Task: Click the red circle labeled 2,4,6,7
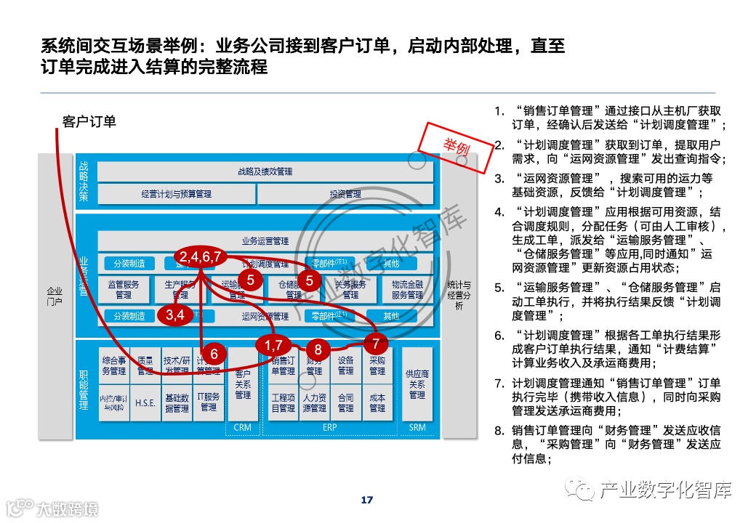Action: tap(201, 256)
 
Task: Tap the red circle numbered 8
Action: tap(318, 349)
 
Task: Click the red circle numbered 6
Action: tap(214, 354)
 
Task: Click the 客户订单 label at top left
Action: tap(89, 122)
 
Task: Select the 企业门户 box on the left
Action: tap(55, 296)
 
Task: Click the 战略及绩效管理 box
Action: tap(265, 171)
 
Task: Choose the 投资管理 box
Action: tap(345, 194)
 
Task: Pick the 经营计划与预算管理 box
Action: tap(176, 194)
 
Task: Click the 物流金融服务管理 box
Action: tap(407, 290)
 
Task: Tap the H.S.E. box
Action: tap(145, 403)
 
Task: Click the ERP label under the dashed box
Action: tap(329, 428)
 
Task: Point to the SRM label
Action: tap(417, 428)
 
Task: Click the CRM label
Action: tap(242, 428)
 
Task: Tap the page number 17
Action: tap(366, 500)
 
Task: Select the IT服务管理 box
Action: tap(209, 402)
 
